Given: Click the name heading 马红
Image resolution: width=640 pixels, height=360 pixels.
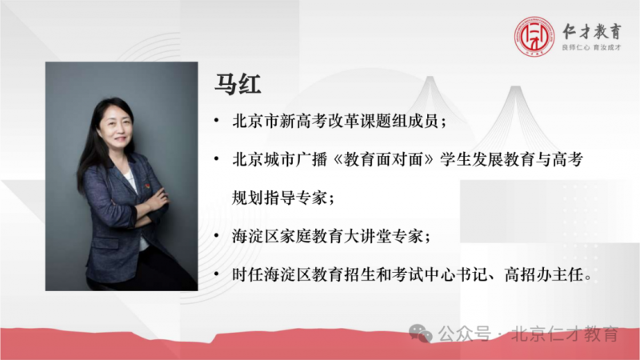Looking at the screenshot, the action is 238,85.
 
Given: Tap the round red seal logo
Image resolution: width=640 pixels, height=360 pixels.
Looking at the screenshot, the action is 534,36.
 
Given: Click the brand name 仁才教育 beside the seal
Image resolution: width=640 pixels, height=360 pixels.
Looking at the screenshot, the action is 592,31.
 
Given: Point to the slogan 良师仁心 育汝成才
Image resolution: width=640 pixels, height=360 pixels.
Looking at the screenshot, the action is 591,48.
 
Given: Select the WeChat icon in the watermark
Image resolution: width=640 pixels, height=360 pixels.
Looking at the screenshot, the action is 421,334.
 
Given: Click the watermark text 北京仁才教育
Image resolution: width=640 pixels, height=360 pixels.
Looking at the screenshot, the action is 565,334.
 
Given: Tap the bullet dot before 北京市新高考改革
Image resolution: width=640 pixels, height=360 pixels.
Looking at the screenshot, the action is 216,121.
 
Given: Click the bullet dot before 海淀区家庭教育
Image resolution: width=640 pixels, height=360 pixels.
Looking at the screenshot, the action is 216,236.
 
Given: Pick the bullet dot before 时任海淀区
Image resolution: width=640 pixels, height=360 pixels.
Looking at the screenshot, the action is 216,274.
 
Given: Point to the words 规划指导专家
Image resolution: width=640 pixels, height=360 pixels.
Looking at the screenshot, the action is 279,198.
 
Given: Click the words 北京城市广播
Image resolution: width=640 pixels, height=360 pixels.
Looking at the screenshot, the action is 279,159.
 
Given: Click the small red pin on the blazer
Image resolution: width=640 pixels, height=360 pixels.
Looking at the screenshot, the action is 147,186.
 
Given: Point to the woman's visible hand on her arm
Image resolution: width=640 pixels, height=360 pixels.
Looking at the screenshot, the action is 158,198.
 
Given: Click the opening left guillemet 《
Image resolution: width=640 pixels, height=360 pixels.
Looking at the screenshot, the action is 337,159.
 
